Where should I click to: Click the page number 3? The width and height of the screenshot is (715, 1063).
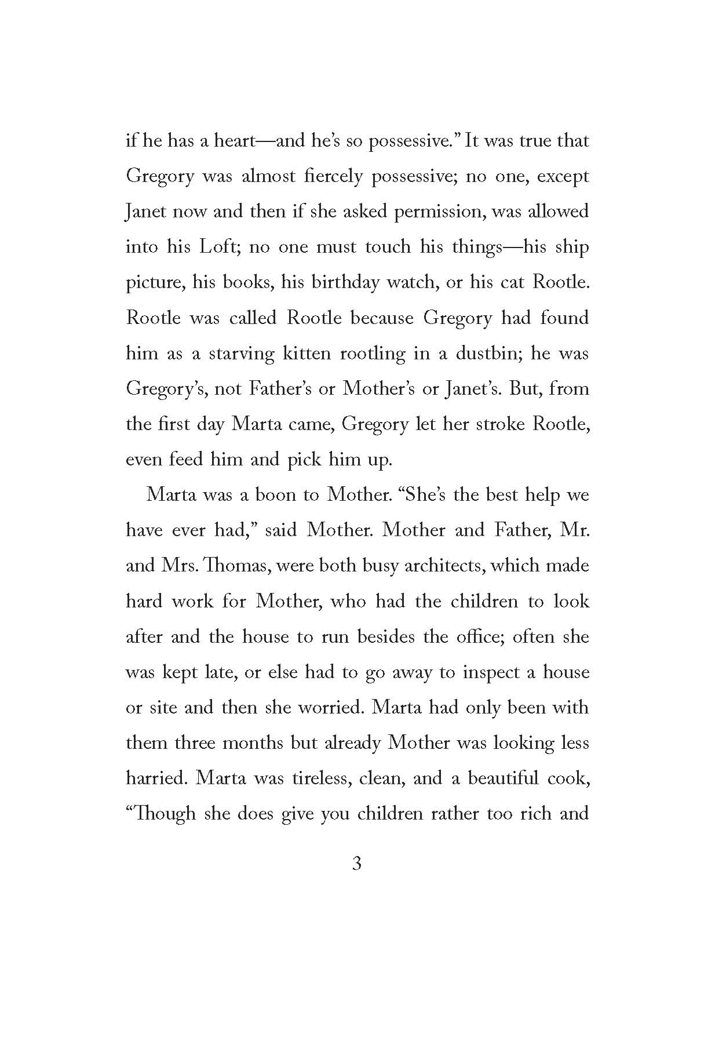coord(357,864)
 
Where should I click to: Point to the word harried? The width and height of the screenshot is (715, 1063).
coord(155,778)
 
